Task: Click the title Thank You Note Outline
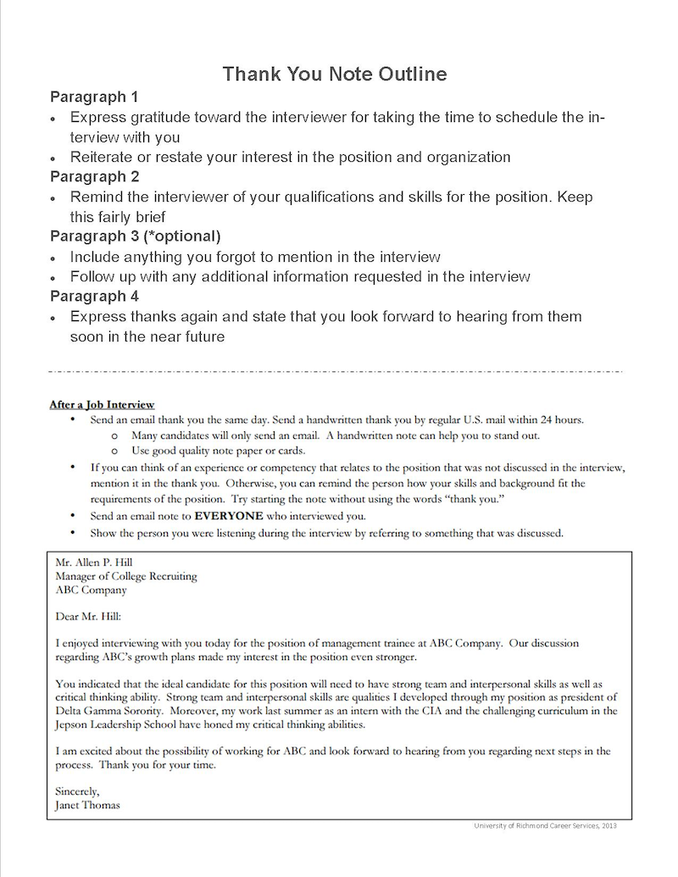335,75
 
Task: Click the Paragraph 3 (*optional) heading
135,236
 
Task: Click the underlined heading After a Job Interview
102,405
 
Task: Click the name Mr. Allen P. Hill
93,562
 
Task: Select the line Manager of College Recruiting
125,576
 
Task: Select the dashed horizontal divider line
336,372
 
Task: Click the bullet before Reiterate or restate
53,158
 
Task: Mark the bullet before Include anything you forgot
53,258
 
